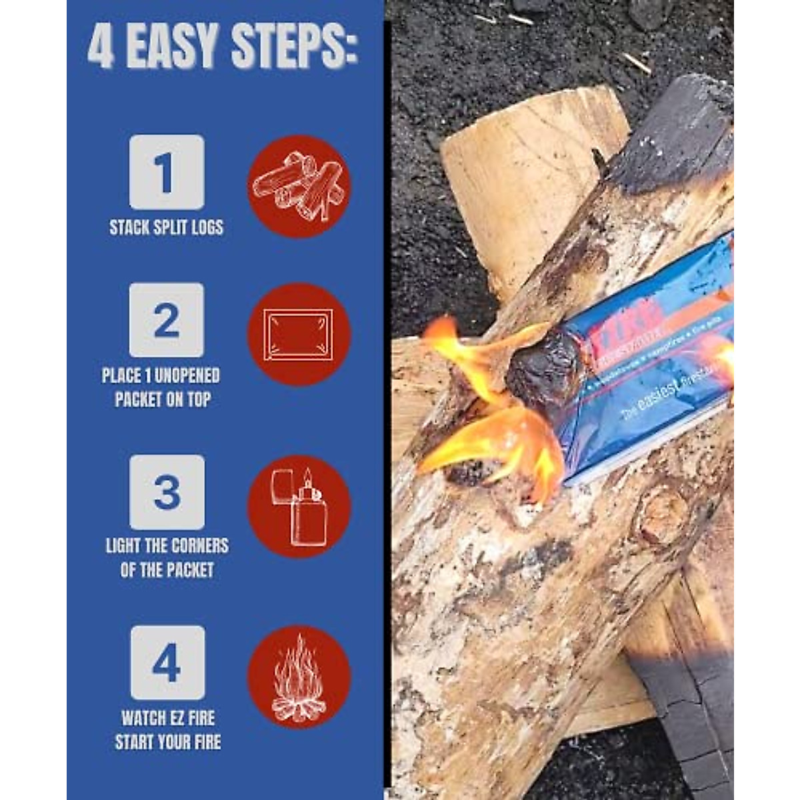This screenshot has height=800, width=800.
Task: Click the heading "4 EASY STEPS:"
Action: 223,47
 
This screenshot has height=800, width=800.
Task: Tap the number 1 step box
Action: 167,172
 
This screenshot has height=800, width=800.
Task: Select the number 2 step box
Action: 167,320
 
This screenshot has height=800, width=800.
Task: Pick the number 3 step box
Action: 167,492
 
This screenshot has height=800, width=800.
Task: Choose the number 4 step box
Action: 167,663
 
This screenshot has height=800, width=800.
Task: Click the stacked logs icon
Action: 299,186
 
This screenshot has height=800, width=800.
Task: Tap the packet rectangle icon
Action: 299,335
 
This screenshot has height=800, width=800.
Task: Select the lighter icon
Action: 299,507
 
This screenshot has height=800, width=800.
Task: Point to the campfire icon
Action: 299,677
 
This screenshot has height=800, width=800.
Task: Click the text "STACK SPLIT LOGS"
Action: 167,227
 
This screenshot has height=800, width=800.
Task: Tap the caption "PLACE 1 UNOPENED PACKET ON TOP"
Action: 161,387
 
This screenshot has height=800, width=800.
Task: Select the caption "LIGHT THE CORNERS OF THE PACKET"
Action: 167,558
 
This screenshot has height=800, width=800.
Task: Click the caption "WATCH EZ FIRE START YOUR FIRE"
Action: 167,730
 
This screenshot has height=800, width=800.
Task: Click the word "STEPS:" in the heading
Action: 294,47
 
